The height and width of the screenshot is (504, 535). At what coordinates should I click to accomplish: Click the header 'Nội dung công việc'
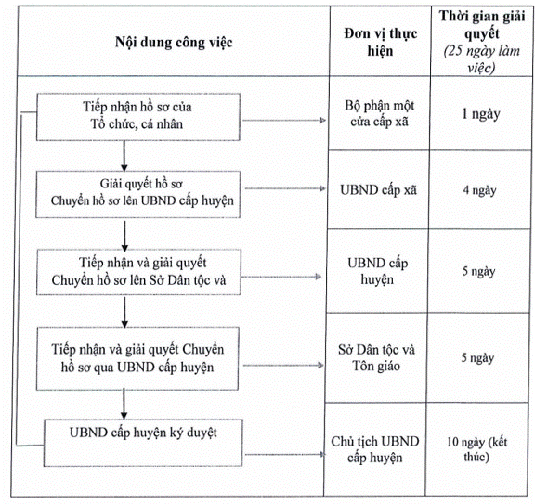point(174,43)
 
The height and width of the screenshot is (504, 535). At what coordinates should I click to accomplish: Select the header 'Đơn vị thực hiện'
point(381,42)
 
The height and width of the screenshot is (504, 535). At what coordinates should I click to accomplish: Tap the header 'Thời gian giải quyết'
point(482,24)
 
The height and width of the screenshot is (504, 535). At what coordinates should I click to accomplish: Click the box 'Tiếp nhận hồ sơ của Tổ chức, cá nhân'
point(138,117)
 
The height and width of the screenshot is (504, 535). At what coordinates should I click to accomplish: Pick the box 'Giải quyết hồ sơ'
point(138,194)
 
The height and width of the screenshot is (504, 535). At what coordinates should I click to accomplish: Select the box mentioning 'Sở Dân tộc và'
point(138,272)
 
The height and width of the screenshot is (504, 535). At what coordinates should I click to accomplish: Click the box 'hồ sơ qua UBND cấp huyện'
point(137,358)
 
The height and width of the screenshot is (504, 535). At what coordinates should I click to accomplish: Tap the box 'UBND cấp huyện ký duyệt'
point(143,443)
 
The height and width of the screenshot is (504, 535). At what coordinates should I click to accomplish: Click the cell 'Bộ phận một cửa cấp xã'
point(379,113)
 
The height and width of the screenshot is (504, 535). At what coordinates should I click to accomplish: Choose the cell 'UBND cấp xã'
point(378,190)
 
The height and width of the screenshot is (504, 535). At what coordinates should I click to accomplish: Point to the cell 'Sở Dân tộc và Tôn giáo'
point(376,357)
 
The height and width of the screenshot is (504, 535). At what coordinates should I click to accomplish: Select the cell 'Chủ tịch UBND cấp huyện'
point(375,449)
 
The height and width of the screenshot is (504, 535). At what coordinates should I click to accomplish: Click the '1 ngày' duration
point(481,114)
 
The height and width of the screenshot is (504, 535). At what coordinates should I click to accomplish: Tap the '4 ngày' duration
point(479,190)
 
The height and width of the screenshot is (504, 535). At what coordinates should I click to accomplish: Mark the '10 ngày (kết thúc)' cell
point(477,449)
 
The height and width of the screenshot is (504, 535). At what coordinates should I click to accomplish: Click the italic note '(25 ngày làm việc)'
point(481,59)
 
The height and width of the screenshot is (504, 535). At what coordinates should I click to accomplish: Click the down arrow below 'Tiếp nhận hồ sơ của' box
point(124,156)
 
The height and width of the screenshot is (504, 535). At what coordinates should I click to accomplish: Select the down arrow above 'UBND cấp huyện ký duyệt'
point(124,405)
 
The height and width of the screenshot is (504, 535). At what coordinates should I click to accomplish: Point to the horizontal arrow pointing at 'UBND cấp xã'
point(285,188)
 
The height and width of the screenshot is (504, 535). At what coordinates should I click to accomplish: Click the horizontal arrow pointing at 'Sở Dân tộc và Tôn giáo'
point(283,366)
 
